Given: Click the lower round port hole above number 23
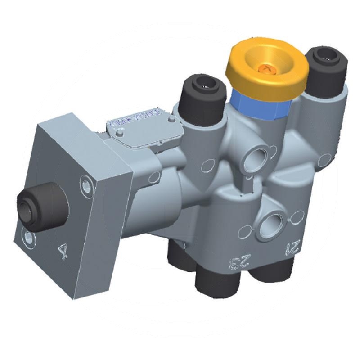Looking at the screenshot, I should coord(273,221).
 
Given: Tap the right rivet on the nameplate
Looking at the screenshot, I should coord(172,120).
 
